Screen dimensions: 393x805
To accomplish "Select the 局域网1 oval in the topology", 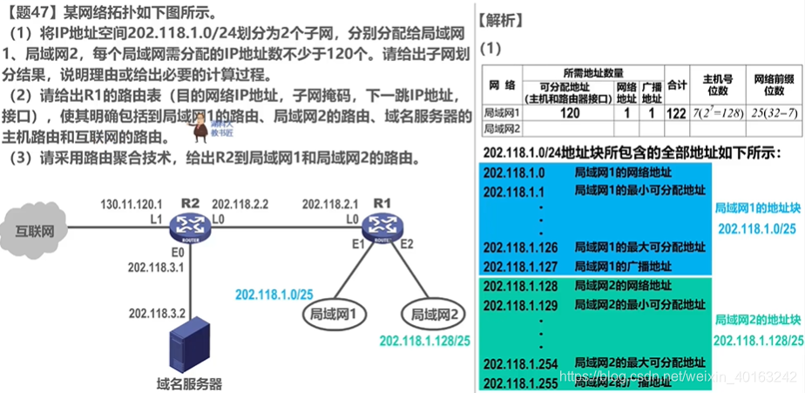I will pyautogui.click(x=333, y=315).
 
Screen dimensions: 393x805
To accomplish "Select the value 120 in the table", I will pyautogui.click(x=570, y=112).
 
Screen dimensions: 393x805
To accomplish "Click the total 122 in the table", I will pyautogui.click(x=675, y=112).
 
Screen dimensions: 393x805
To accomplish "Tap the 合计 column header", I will pyautogui.click(x=675, y=85).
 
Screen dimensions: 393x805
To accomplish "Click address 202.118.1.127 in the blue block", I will pyautogui.click(x=520, y=267).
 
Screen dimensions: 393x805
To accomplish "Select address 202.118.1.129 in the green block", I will pyautogui.click(x=520, y=304).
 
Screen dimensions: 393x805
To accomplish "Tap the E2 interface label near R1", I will pyautogui.click(x=407, y=243).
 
